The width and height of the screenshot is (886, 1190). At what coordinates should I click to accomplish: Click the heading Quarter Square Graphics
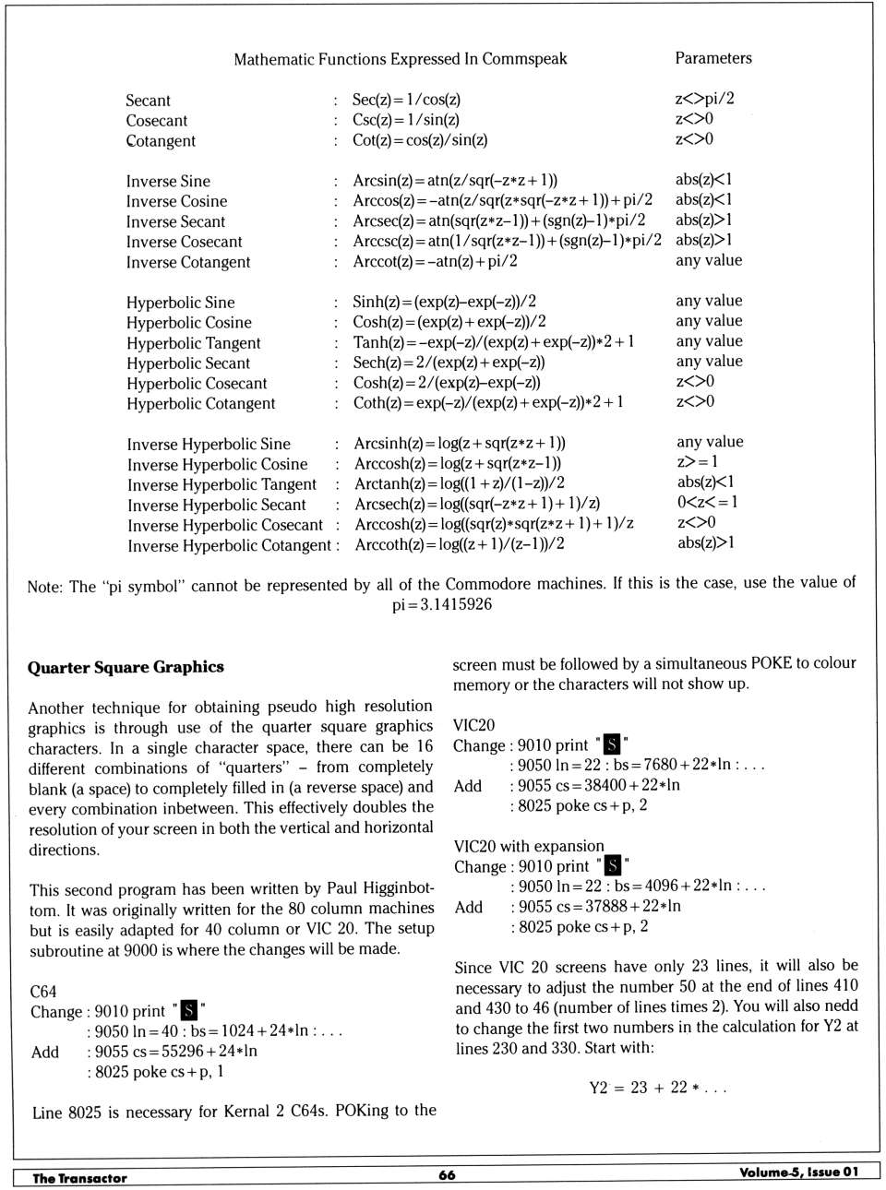coord(126,667)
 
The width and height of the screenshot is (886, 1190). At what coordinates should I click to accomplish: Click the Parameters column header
coord(712,58)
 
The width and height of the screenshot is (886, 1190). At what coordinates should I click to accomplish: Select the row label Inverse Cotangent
coord(188,262)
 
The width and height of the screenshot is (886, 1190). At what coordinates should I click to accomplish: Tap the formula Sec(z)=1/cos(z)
coord(406,100)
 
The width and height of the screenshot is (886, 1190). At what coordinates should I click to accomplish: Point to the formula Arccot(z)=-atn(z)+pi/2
coord(435,261)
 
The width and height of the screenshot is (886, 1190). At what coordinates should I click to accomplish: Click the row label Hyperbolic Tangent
coord(194,343)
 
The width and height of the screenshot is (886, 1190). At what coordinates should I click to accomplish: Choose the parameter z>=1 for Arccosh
coord(697,461)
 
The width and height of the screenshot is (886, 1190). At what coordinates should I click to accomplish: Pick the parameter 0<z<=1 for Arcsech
coord(707,502)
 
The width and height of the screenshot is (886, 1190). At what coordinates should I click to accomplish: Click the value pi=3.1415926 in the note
coord(442,604)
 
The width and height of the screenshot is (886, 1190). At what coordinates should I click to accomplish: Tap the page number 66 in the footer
coord(447,1174)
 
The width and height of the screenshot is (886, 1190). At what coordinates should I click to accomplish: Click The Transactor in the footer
coord(79,1178)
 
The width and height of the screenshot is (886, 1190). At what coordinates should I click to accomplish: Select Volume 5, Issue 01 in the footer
coord(798,1172)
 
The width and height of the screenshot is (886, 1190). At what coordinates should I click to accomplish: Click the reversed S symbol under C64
coord(189,1010)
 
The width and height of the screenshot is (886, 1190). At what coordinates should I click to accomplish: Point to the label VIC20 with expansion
coord(529,846)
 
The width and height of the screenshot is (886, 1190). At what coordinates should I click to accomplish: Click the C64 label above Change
coord(43,992)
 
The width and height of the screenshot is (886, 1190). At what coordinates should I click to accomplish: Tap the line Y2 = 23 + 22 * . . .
coord(657,1088)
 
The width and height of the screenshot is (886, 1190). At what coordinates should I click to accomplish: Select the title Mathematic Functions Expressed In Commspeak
coord(400,59)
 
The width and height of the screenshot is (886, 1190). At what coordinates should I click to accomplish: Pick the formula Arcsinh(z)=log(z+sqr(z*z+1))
coord(460,443)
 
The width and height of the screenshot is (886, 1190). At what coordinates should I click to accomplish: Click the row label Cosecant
coord(157,121)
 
